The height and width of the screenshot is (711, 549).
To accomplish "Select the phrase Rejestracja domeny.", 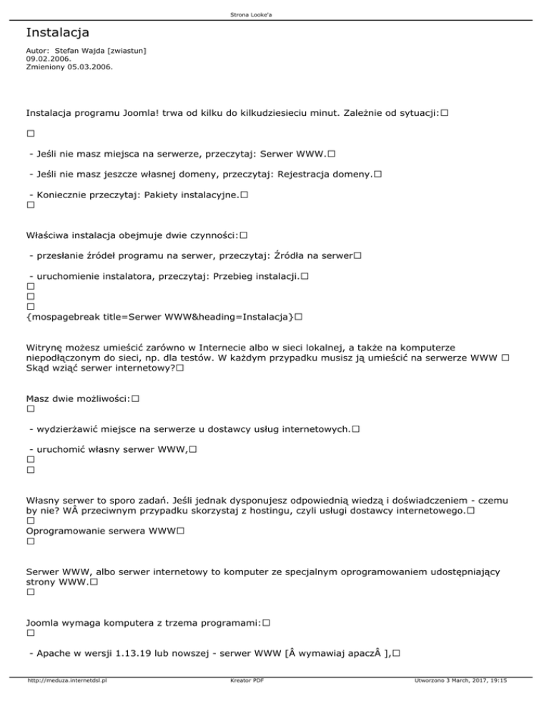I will pyautogui.click(x=324, y=175).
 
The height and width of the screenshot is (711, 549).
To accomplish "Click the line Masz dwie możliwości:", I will pyautogui.click(x=77, y=398).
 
